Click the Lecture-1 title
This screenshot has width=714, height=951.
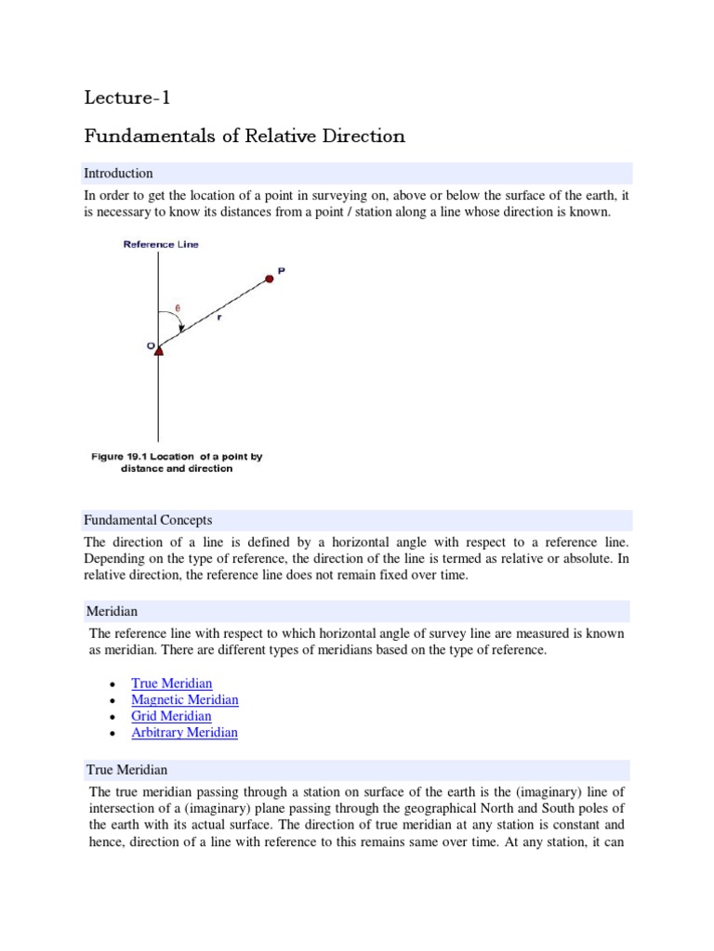128,98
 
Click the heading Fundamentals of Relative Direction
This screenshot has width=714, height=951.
245,137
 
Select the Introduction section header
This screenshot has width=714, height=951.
118,174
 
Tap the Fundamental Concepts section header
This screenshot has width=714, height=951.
149,520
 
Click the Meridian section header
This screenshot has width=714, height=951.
112,612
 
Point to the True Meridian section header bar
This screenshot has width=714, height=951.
127,770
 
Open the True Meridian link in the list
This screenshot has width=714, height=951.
172,684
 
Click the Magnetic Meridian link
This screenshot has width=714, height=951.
185,699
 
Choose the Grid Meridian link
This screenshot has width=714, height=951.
171,716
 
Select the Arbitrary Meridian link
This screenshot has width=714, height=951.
184,732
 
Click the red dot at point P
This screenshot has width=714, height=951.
270,278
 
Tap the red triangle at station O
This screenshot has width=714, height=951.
158,350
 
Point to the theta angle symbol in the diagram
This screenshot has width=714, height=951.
178,309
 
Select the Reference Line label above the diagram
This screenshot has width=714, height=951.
161,245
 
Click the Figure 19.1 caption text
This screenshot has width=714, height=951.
177,462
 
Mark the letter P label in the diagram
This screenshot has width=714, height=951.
282,270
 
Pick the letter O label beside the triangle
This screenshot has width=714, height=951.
148,345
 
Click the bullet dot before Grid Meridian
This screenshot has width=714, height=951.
112,717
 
